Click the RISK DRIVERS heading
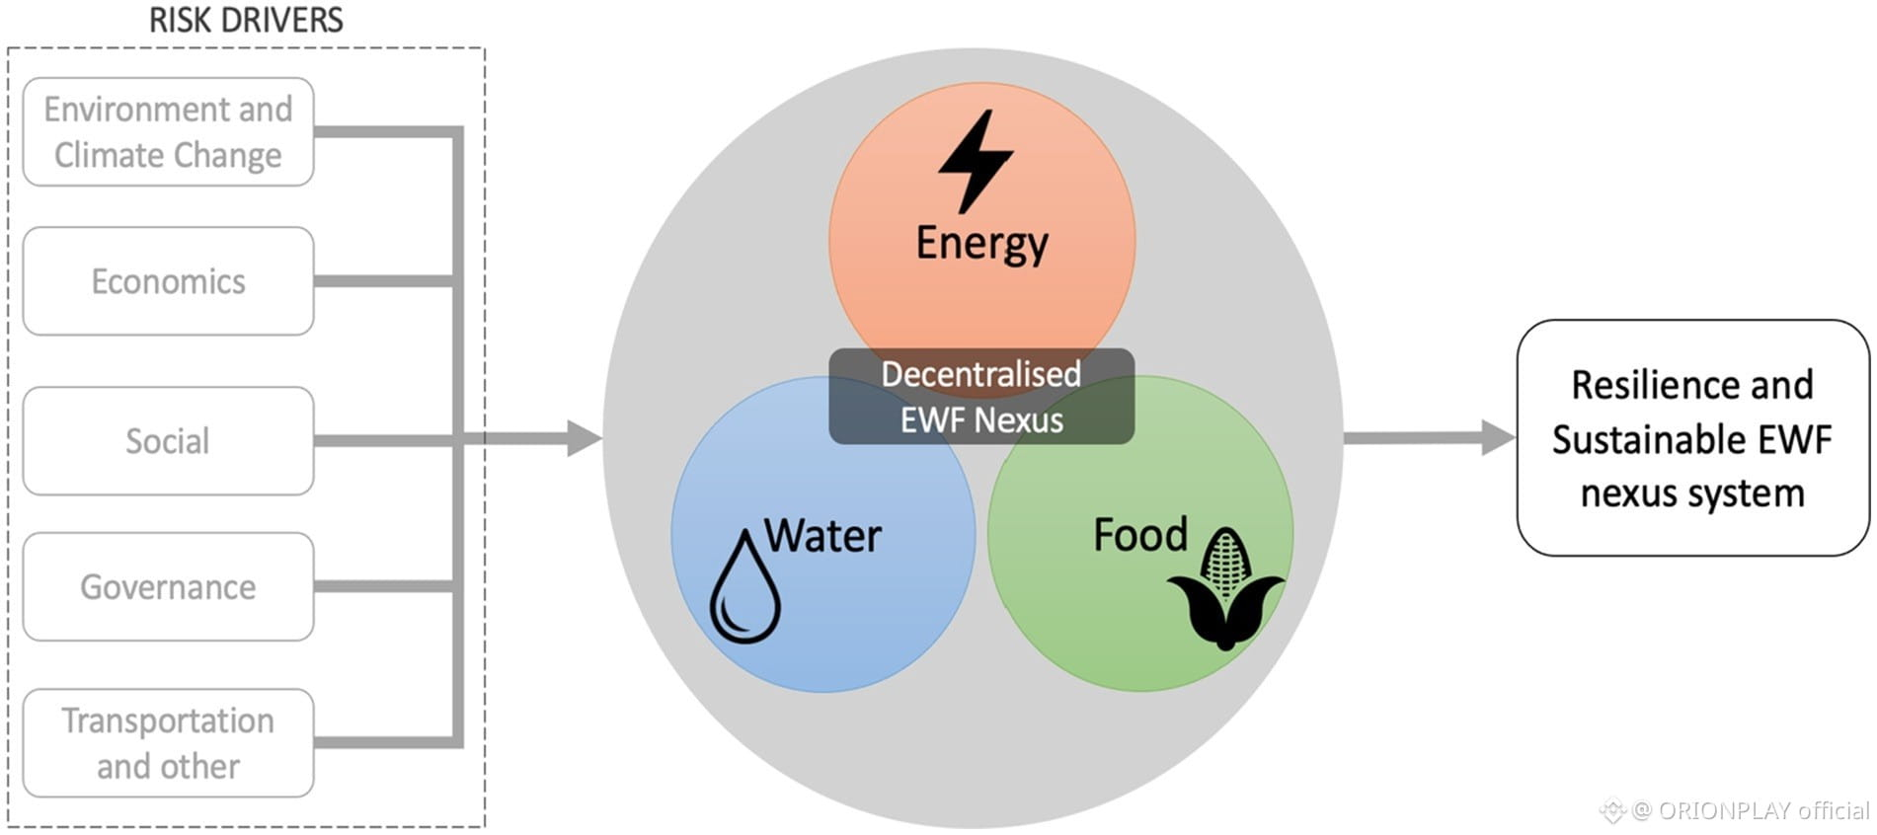(x=246, y=20)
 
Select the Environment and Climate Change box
(x=168, y=132)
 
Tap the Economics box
(x=168, y=281)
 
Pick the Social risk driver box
(x=168, y=441)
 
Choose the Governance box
(x=168, y=587)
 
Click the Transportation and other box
(x=168, y=743)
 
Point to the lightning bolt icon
(x=975, y=161)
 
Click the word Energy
(x=981, y=243)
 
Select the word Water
(x=822, y=536)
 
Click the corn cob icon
(x=1225, y=589)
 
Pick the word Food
(x=1140, y=535)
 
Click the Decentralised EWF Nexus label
(x=981, y=397)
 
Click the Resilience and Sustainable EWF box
(x=1692, y=437)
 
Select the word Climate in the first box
(x=109, y=156)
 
